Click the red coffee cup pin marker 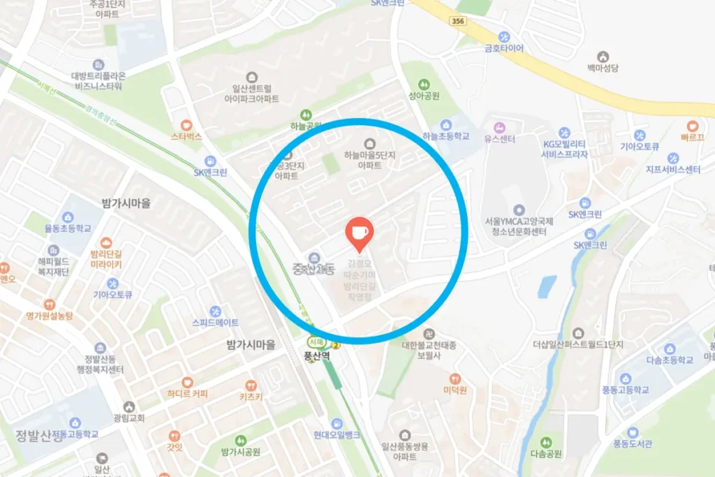pos(360,233)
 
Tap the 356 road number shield pos(457,22)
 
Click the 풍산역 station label pos(316,355)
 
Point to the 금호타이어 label pos(504,48)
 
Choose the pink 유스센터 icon pos(499,128)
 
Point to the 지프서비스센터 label pos(673,170)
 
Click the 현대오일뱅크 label pos(337,435)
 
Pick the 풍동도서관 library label pos(632,443)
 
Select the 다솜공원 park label pos(546,453)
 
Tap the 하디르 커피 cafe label pos(187,393)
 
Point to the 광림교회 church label pos(128,418)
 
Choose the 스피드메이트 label pos(215,323)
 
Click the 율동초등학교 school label pos(68,228)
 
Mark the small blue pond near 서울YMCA pos(547,286)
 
